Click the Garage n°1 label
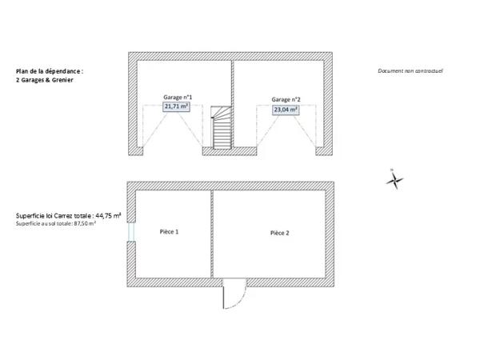[x=178, y=98]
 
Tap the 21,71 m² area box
[x=176, y=106]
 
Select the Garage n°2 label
[x=286, y=99]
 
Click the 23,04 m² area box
[x=286, y=110]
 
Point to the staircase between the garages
[x=222, y=127]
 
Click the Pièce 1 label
[x=169, y=232]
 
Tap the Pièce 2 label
[x=279, y=233]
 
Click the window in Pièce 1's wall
[x=131, y=232]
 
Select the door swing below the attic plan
[x=234, y=294]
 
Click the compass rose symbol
[x=394, y=180]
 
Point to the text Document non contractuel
[x=410, y=70]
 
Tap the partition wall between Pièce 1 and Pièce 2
[x=212, y=234]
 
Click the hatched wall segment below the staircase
[x=230, y=151]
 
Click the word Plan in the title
[x=21, y=71]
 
